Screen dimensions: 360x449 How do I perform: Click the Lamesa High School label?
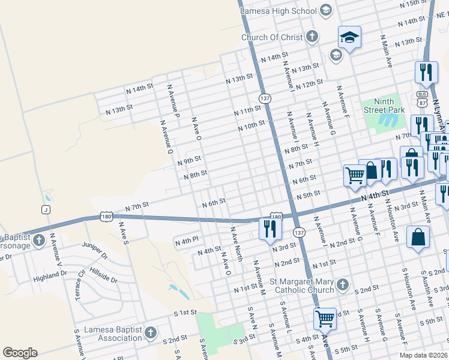tap(278, 10)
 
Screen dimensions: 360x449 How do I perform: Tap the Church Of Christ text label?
tap(272, 37)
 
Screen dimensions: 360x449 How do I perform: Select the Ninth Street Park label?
tap(385, 106)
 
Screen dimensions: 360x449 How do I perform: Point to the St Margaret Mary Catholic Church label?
tap(304, 286)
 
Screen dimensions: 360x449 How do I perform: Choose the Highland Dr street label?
tap(50, 274)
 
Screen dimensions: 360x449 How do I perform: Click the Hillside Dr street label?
tap(104, 277)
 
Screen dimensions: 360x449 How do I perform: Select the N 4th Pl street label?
tap(186, 241)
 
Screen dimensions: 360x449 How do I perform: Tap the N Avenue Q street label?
tap(166, 137)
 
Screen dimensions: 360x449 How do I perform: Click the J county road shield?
tap(45, 209)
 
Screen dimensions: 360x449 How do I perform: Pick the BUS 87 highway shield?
tap(422, 99)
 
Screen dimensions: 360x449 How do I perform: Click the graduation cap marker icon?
tap(349, 38)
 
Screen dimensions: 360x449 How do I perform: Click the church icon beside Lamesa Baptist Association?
tap(150, 332)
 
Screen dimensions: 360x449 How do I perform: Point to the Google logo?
tap(20, 353)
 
